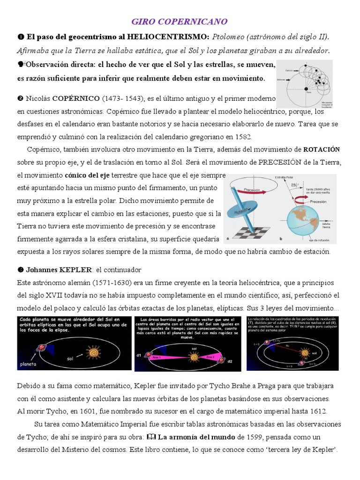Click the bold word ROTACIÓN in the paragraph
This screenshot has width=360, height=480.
pyautogui.click(x=322, y=150)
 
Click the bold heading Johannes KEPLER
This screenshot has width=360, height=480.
pyautogui.click(x=59, y=270)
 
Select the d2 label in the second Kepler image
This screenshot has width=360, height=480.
pyautogui.click(x=229, y=361)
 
